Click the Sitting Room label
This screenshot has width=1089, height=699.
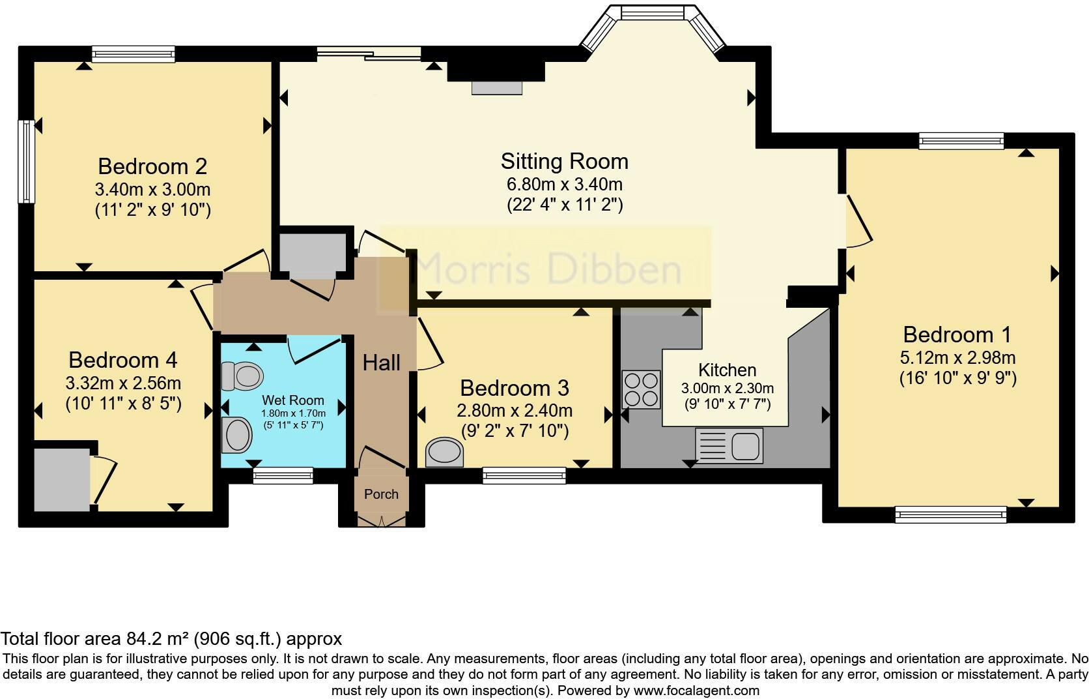[564, 161]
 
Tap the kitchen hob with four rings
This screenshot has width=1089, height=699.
[641, 389]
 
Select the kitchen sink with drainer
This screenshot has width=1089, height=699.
[729, 445]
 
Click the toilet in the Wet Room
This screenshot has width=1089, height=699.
[241, 376]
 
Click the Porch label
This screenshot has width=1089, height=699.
[381, 494]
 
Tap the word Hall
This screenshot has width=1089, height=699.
[381, 363]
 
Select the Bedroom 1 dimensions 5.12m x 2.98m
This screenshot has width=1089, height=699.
[957, 357]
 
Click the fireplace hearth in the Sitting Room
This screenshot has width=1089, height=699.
[497, 87]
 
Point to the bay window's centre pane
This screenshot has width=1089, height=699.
[652, 12]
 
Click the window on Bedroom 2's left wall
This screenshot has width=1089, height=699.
[27, 161]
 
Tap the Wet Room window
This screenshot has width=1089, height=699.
[283, 477]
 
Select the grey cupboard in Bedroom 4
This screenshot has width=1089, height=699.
[62, 479]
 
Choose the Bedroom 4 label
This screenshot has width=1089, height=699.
[122, 360]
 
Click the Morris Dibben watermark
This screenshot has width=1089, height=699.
[547, 269]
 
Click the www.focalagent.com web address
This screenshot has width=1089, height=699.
[696, 690]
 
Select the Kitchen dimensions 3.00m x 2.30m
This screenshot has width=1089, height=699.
[727, 388]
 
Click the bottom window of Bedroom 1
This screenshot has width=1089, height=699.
[950, 515]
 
